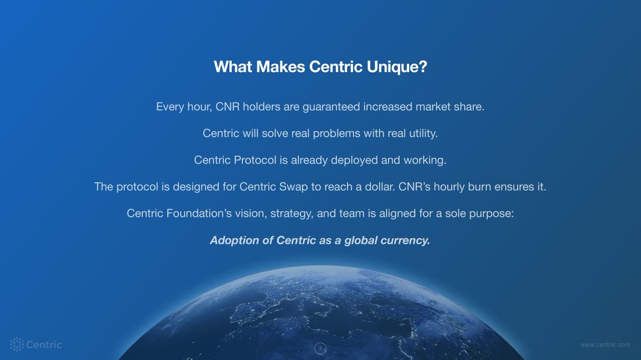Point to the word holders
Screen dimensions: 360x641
point(259,107)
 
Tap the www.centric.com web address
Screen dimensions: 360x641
point(605,345)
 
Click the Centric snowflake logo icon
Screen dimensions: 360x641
point(18,345)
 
